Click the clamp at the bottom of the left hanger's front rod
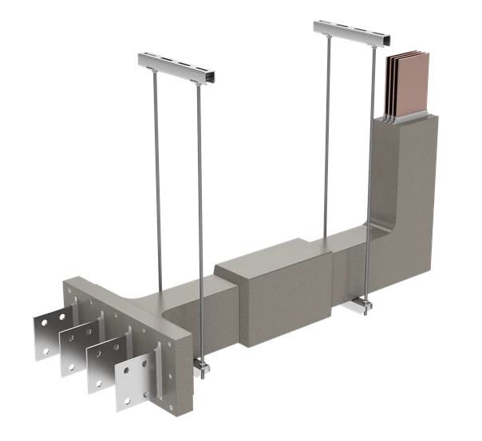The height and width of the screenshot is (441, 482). tap(200, 368)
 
